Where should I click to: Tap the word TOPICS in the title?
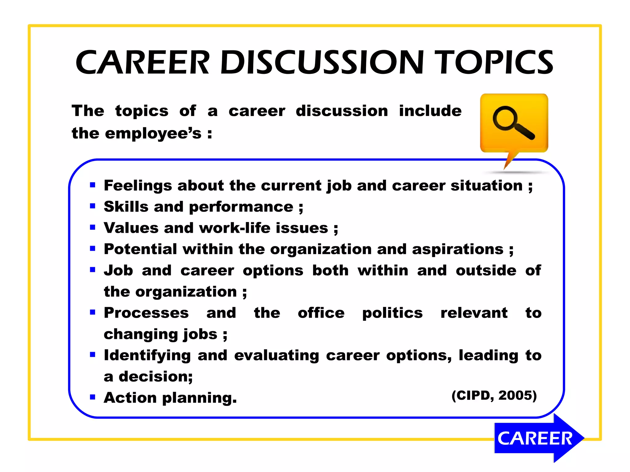tap(496, 63)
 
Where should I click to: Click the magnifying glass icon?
tap(513, 123)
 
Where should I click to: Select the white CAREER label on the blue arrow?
tap(535, 438)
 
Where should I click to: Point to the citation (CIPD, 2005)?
tap(494, 395)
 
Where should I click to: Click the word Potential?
tap(140, 249)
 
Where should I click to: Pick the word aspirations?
tap(457, 249)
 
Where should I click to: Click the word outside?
tap(486, 271)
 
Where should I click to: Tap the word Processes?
tap(146, 313)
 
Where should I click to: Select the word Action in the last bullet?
tap(130, 398)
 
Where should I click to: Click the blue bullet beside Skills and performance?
tap(93, 206)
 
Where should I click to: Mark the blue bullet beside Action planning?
tap(93, 397)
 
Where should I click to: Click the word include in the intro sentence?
tap(430, 111)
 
